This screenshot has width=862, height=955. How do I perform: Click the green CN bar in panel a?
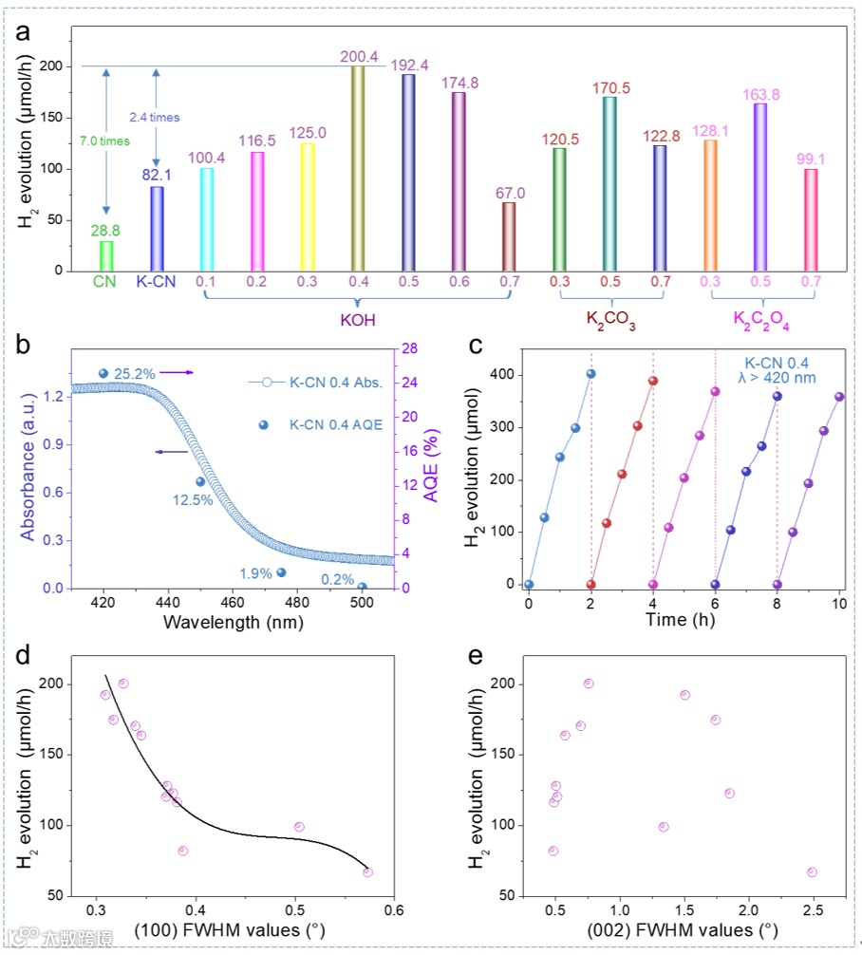pyautogui.click(x=106, y=255)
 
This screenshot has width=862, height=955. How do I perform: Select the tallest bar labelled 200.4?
pyautogui.click(x=358, y=169)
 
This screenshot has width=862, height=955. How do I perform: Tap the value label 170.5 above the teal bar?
pyautogui.click(x=610, y=88)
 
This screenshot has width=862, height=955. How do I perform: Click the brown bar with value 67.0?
pyautogui.click(x=509, y=236)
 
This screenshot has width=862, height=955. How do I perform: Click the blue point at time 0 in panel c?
pyautogui.click(x=529, y=585)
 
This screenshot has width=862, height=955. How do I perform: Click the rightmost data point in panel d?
pyautogui.click(x=367, y=871)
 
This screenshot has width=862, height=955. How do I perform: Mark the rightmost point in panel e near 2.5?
pyautogui.click(x=812, y=871)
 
